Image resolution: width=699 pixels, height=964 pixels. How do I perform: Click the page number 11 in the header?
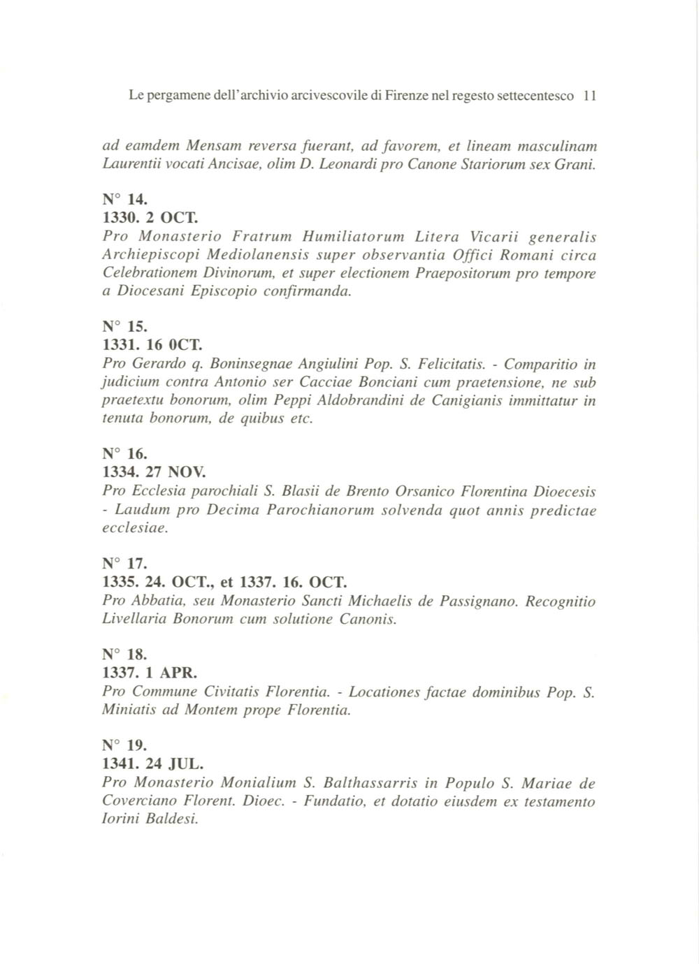[x=589, y=96]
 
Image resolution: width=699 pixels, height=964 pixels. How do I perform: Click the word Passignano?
[x=479, y=601]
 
